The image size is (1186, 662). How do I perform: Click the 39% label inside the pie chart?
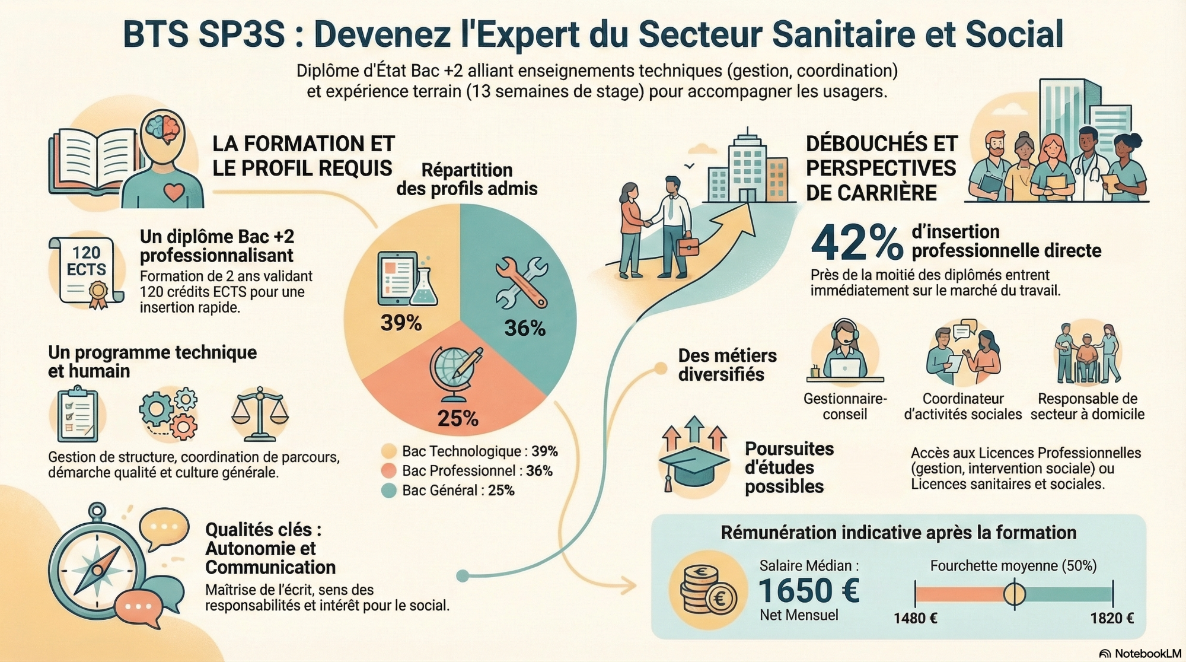point(401,323)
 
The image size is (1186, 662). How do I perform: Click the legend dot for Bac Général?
point(388,491)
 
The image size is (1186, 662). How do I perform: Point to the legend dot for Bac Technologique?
point(388,451)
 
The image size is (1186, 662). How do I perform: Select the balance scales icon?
point(260,413)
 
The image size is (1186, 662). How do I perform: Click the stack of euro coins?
point(707,590)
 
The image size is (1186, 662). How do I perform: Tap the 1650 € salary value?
point(809,590)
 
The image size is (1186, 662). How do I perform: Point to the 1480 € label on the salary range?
point(915,618)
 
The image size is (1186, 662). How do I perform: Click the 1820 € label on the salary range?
point(1112,618)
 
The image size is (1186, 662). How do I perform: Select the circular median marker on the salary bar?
point(1014,594)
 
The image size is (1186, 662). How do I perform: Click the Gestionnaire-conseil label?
point(845,406)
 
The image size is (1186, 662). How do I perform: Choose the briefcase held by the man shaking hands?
point(688,246)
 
